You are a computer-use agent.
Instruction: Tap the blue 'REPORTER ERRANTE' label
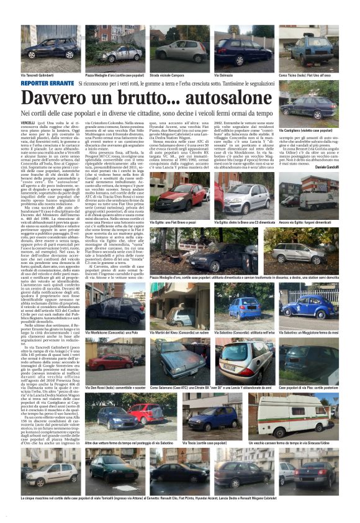48,83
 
